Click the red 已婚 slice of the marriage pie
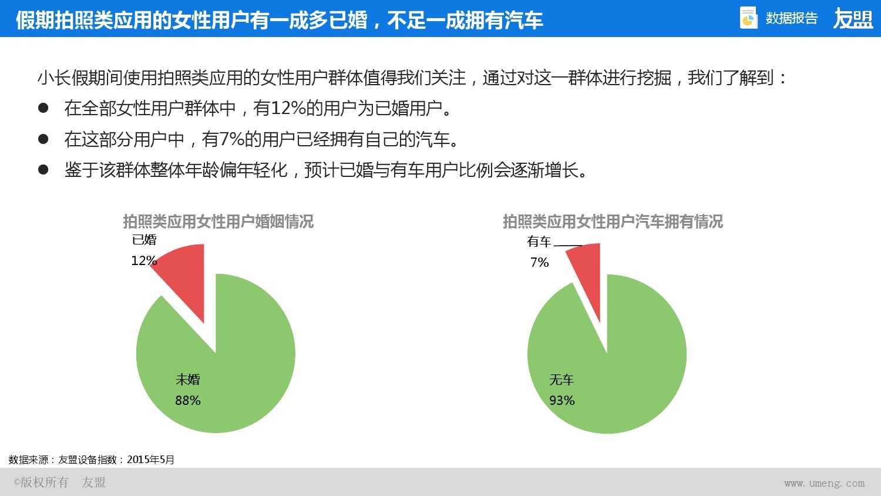point(187,276)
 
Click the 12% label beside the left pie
point(144,260)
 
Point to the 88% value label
point(188,401)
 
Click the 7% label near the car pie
point(539,262)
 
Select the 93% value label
point(562,401)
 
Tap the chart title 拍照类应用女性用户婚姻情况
point(218,222)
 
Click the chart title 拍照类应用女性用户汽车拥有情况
point(613,222)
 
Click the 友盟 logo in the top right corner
point(853,19)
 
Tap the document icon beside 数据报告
point(748,18)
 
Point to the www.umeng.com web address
point(824,483)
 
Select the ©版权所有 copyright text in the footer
point(41,482)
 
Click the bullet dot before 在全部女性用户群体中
point(43,108)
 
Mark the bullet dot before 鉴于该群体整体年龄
point(43,170)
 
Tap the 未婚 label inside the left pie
point(188,380)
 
